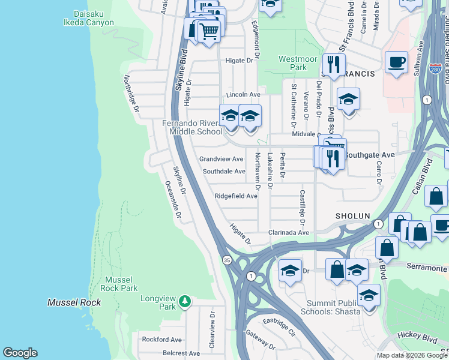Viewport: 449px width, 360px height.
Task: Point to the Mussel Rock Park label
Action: coord(122,284)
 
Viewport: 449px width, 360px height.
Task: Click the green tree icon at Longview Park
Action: coord(186,300)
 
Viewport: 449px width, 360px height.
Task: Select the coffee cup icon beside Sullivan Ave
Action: coord(396,63)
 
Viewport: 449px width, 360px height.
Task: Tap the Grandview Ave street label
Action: coord(221,159)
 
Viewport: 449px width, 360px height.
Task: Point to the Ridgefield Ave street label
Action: coord(236,196)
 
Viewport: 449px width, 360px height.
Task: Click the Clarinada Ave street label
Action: coord(288,233)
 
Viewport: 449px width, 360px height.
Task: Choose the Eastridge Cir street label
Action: coord(279,327)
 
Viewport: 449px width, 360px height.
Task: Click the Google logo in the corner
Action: coord(20,353)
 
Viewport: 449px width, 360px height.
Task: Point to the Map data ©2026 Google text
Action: coord(412,355)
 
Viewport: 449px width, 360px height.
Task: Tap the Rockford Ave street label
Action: coord(161,340)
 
